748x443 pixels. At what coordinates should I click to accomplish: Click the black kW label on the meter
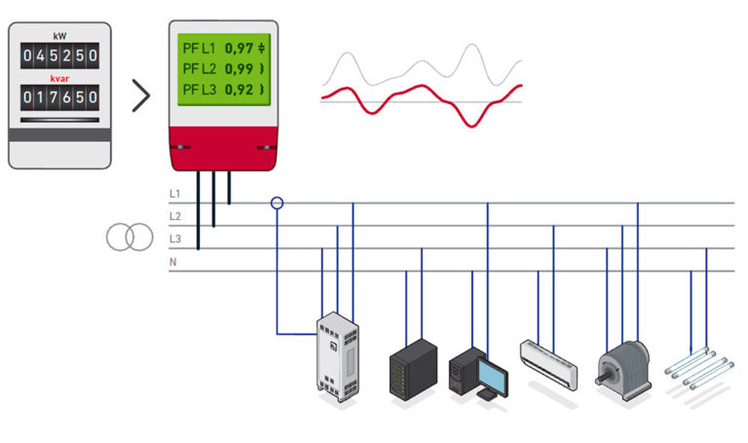coord(60,35)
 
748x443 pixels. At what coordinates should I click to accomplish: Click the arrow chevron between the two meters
coord(142,95)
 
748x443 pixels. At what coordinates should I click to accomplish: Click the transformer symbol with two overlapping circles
coord(130,237)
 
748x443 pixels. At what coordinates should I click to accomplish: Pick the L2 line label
coord(175,216)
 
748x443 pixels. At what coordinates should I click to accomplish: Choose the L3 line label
coord(175,239)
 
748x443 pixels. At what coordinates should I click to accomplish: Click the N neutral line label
coord(173,260)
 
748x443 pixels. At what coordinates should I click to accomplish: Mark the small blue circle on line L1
coord(278,203)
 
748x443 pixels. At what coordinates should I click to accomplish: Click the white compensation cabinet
coord(336,356)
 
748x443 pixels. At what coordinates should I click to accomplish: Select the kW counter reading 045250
coord(60,55)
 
